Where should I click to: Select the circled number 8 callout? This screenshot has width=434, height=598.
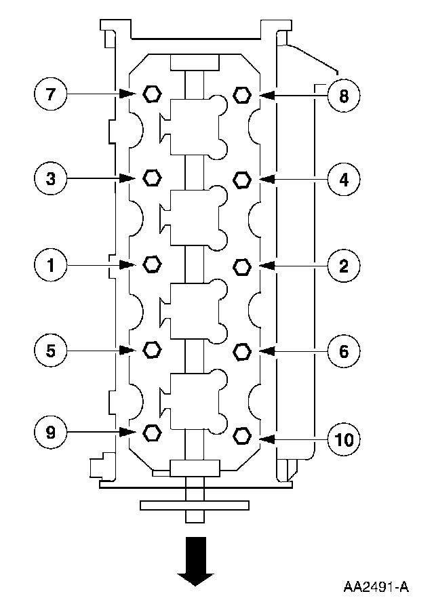(344, 96)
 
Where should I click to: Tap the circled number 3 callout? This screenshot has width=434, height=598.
(51, 178)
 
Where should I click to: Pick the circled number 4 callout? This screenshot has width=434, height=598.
(344, 180)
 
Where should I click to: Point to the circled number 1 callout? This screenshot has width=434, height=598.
(51, 264)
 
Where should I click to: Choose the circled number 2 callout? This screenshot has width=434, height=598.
(344, 265)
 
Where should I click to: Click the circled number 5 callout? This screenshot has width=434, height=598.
(51, 349)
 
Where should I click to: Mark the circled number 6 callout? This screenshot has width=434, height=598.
(344, 351)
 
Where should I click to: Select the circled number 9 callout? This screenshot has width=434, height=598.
(51, 431)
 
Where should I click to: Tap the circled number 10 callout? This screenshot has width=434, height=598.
(344, 439)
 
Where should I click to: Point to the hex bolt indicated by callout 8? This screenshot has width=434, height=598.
(241, 95)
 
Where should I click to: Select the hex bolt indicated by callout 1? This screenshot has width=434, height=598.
(152, 263)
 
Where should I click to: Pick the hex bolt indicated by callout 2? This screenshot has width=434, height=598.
(241, 265)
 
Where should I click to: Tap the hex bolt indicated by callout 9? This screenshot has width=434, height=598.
(152, 431)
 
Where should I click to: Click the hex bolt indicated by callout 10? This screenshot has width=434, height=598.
(241, 434)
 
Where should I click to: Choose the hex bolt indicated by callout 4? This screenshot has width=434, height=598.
(241, 179)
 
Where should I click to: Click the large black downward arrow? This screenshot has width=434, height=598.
(195, 560)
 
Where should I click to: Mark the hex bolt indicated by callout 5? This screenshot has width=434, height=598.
(152, 348)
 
